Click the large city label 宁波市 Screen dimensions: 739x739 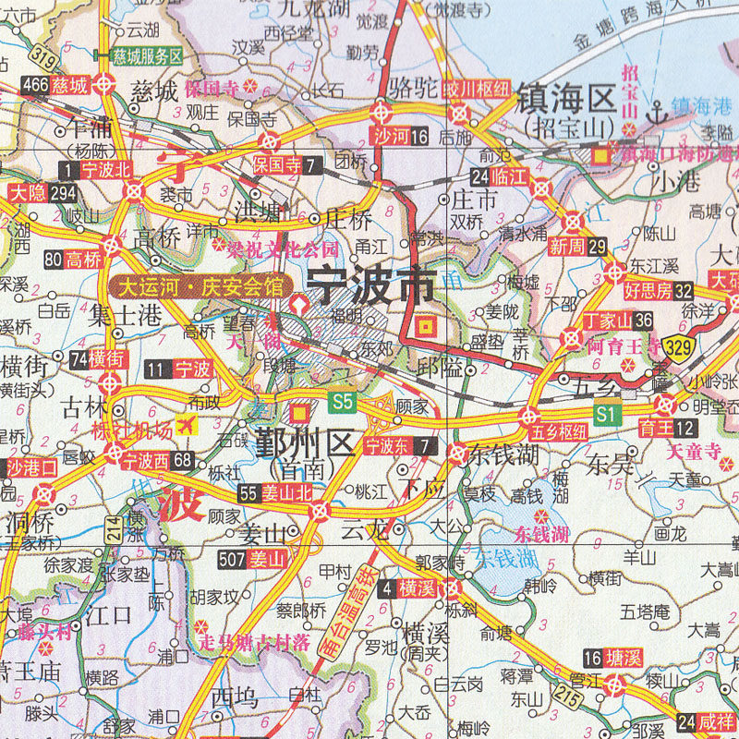point(369,286)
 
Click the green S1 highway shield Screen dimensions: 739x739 point(605,415)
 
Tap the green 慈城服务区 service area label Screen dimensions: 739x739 point(147,55)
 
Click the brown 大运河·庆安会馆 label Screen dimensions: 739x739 point(197,285)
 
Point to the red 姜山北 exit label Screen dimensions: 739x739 point(286,492)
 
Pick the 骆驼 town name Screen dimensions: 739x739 point(399,89)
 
